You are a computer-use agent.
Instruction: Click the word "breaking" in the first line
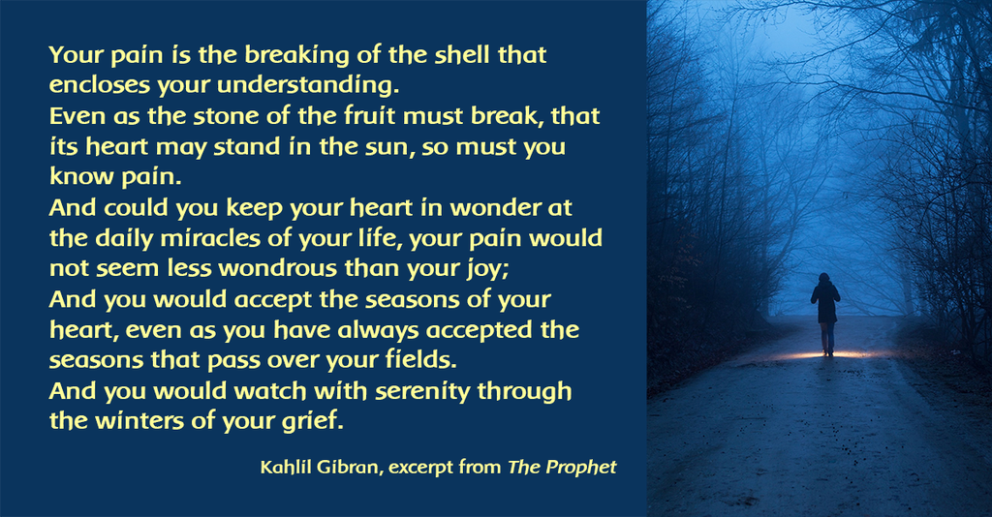(x=296, y=56)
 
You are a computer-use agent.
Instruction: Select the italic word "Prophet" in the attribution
(x=581, y=468)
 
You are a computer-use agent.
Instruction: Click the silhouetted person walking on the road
(x=825, y=314)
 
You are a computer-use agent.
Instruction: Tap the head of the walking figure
(x=823, y=278)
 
